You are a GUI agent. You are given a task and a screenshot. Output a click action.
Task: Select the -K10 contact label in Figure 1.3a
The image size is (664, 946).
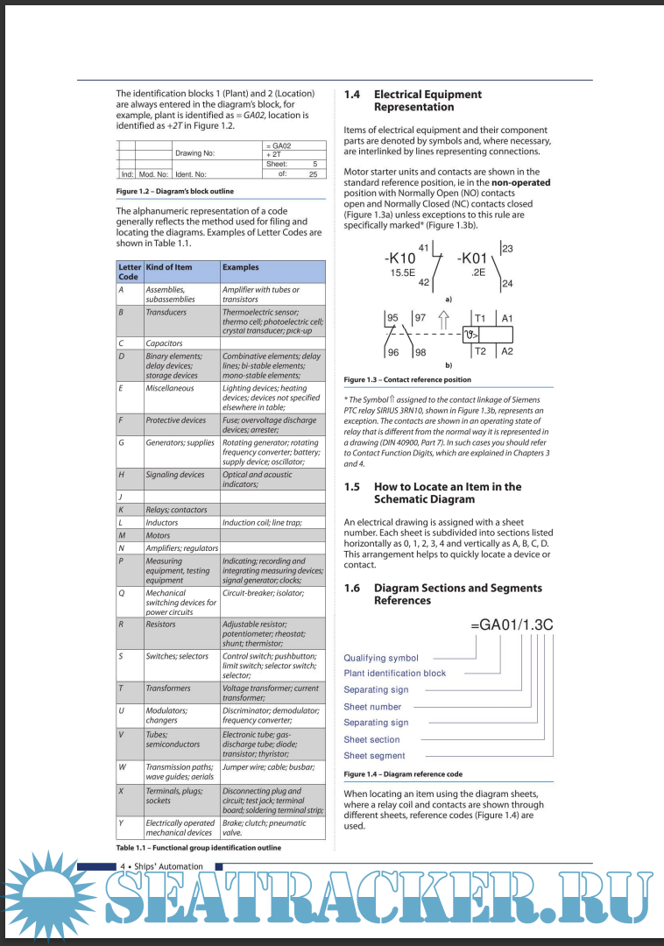399,258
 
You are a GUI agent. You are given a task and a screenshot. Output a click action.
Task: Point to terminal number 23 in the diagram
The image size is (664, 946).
507,250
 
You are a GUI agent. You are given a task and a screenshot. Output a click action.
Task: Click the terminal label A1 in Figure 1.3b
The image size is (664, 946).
507,319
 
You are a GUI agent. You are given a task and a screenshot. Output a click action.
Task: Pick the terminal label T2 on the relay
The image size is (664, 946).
479,351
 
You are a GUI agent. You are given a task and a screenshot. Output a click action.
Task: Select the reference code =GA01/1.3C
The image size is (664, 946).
512,625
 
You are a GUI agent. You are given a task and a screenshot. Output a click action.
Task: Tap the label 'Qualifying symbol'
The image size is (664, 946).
381,658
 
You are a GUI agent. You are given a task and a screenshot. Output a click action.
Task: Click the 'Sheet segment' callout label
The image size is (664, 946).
374,756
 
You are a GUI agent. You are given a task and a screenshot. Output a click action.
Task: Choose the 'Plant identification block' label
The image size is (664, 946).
394,674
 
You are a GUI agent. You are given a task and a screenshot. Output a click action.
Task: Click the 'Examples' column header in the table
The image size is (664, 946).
240,267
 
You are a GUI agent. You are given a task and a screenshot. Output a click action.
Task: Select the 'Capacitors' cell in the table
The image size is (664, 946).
164,343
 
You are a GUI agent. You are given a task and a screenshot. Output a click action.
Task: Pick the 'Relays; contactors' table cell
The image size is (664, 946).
176,510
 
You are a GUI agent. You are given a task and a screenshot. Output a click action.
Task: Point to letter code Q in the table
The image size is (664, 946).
121,593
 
